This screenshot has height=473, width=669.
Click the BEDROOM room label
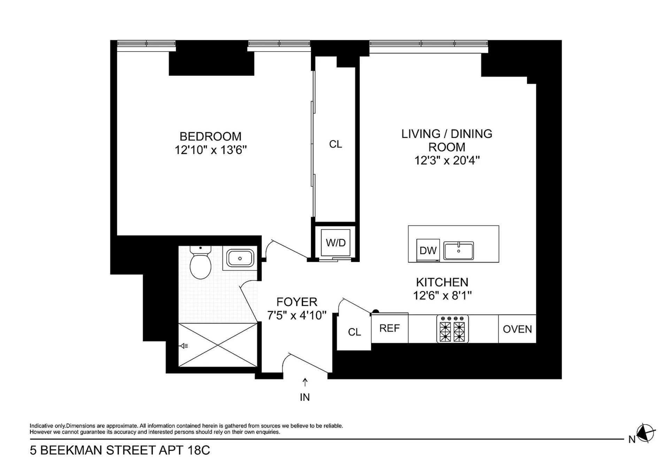click(210, 136)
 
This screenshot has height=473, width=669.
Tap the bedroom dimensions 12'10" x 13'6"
click(210, 150)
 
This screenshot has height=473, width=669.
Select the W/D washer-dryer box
click(336, 242)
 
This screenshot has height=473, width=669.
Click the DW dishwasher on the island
click(428, 250)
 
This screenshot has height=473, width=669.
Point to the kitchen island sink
click(459, 250)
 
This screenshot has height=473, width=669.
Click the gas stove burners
click(452, 329)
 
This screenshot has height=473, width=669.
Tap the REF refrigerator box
click(389, 328)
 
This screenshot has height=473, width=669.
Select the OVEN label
click(517, 329)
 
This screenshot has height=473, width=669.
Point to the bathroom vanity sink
click(240, 258)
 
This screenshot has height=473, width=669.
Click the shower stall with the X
click(218, 345)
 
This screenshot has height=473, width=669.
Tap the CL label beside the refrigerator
click(354, 332)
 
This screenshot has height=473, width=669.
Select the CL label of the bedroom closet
click(336, 144)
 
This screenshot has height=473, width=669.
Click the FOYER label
click(297, 302)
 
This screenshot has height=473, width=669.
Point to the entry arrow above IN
click(305, 382)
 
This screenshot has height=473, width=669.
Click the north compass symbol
click(645, 434)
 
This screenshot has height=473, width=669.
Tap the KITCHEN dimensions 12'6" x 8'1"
click(442, 296)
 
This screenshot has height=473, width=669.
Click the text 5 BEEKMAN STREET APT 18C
click(120, 450)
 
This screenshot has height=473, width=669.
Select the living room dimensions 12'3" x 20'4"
click(447, 161)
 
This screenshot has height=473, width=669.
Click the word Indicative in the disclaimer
click(41, 426)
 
